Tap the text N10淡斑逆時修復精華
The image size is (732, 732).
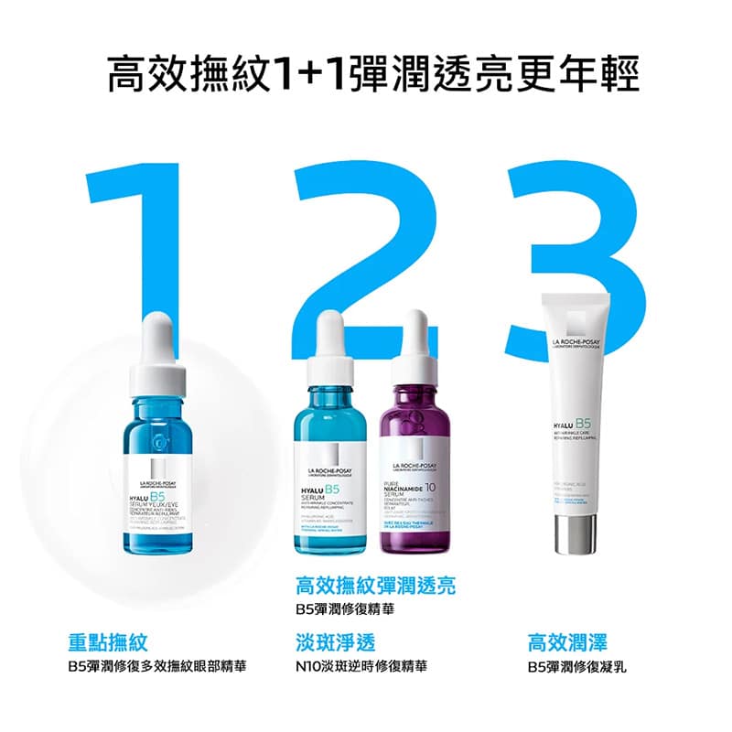click(361, 665)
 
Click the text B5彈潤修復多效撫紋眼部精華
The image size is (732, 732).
click(164, 665)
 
